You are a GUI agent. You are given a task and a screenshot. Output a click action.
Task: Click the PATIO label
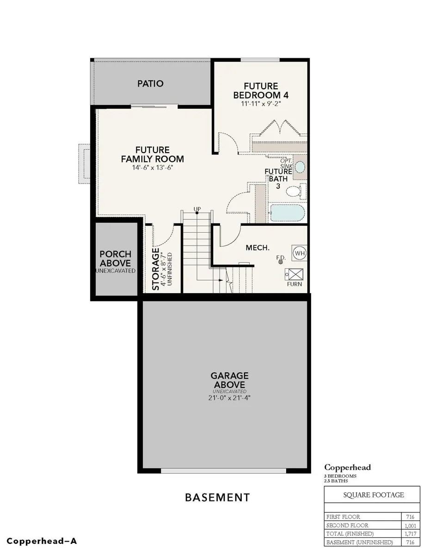pyautogui.click(x=150, y=84)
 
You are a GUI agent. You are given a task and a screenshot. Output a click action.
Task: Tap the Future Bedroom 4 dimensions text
pyautogui.click(x=261, y=104)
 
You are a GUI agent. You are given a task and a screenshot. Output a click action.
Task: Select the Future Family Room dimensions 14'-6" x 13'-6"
pyautogui.click(x=153, y=167)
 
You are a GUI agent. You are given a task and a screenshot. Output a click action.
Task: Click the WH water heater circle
pyautogui.click(x=300, y=253)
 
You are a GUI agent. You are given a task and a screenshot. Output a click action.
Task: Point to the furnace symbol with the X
pyautogui.click(x=294, y=275)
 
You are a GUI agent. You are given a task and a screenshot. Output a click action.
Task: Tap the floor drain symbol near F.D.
pyautogui.click(x=281, y=262)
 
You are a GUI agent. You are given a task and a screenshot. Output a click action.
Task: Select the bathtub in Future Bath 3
pyautogui.click(x=288, y=212)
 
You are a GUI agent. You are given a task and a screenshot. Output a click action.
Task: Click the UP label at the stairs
pyautogui.click(x=197, y=209)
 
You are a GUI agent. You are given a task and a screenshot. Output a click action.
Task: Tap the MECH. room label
pyautogui.click(x=257, y=247)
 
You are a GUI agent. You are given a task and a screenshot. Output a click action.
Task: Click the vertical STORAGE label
pyautogui.click(x=156, y=269)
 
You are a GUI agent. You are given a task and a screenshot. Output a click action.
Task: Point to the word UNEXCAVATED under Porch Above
pyautogui.click(x=116, y=271)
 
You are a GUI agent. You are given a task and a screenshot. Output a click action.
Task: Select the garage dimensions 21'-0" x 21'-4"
pyautogui.click(x=229, y=398)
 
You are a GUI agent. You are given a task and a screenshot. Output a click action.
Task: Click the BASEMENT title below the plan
pyautogui.click(x=217, y=497)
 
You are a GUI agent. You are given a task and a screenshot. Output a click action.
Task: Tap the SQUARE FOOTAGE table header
pyautogui.click(x=374, y=495)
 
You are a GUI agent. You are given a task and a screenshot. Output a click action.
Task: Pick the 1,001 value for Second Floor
pyautogui.click(x=410, y=525)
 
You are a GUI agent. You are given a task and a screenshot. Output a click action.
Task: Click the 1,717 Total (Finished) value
pyautogui.click(x=410, y=534)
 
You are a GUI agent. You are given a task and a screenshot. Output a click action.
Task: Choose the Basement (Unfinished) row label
pyautogui.click(x=360, y=542)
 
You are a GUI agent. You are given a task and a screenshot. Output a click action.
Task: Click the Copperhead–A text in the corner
pyautogui.click(x=42, y=541)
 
